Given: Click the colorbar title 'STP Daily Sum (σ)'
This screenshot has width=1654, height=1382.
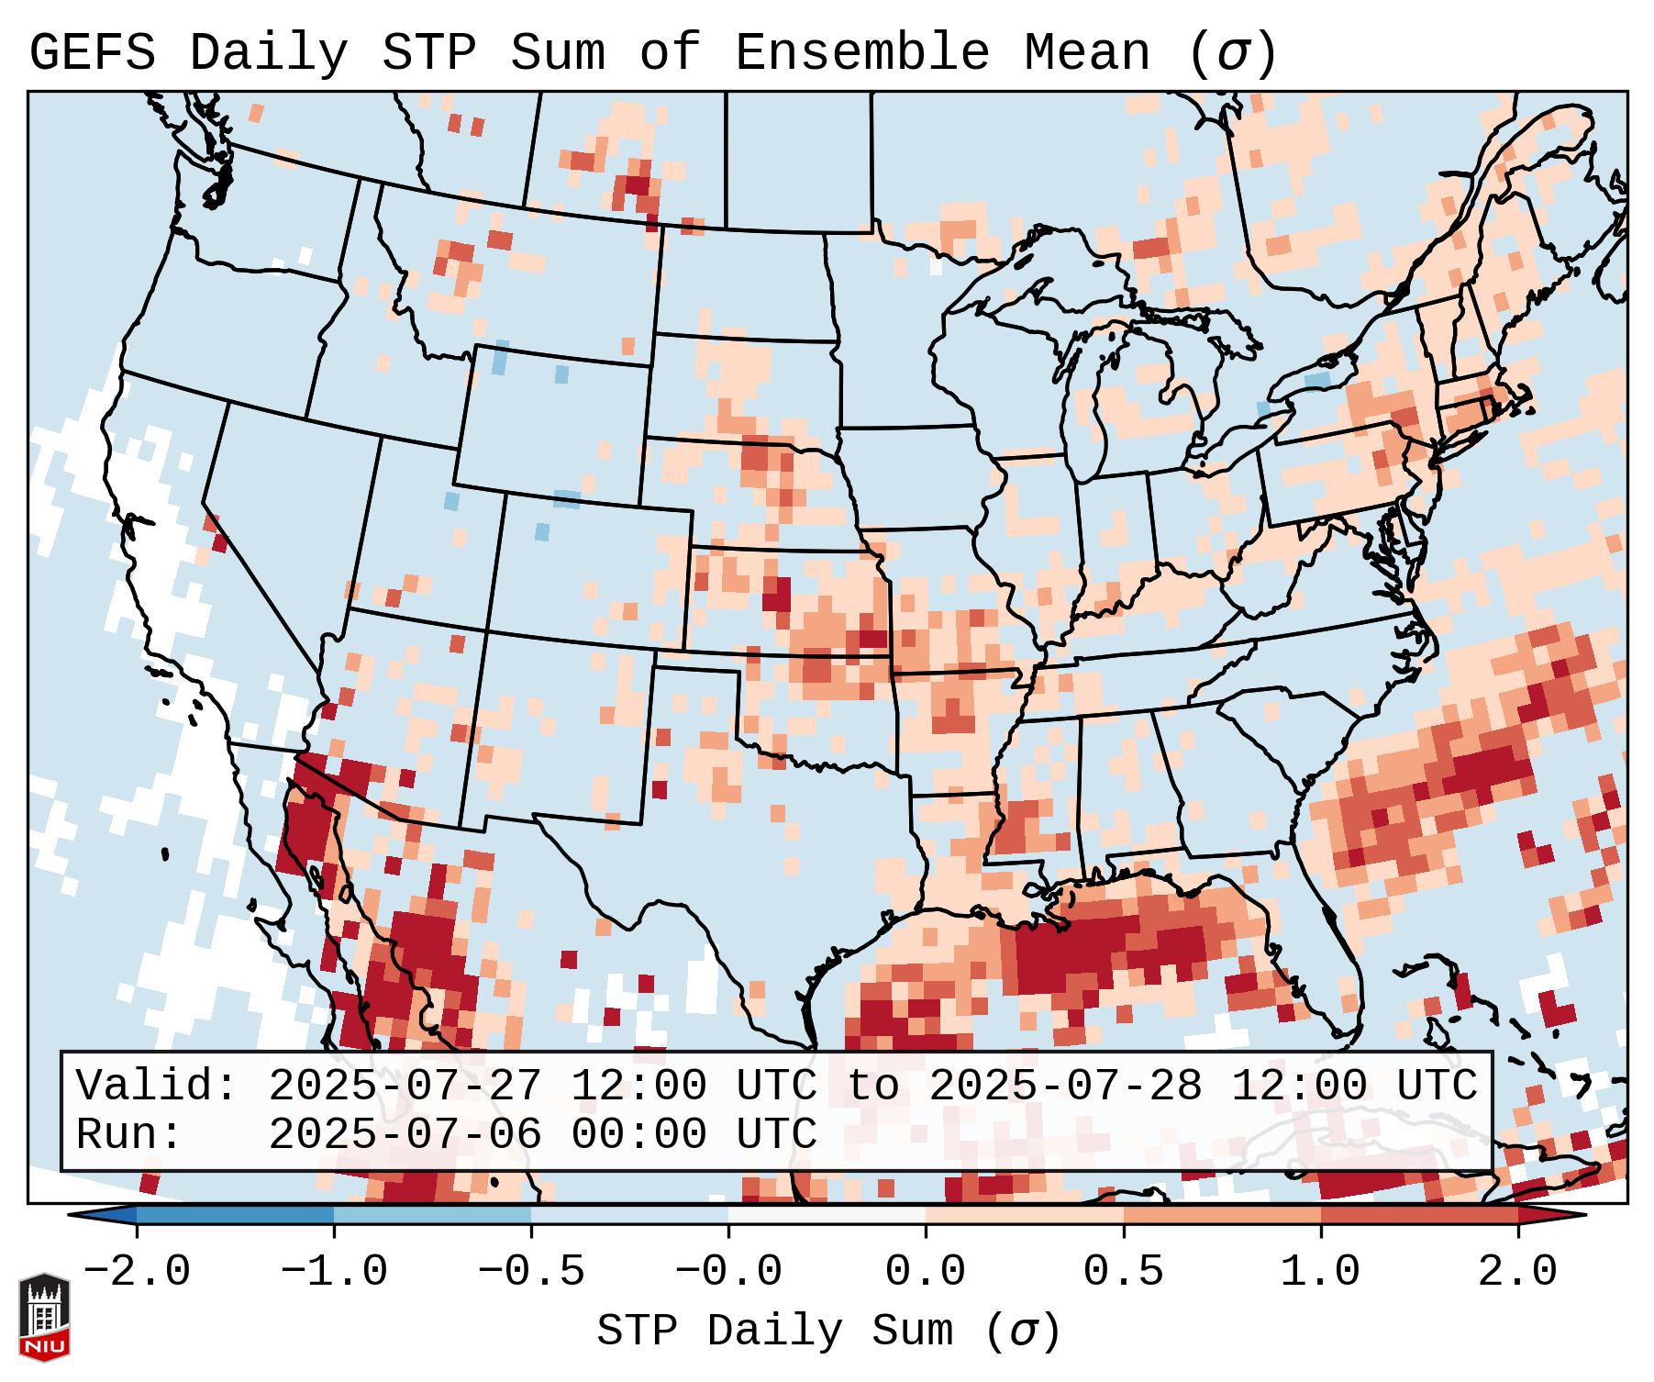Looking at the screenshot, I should pos(828,1332).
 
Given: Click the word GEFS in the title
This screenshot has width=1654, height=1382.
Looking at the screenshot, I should pos(92,53).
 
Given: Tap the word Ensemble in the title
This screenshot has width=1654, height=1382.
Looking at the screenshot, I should pos(861,53).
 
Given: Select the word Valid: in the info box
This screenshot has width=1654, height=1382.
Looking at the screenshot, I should pos(157,1086).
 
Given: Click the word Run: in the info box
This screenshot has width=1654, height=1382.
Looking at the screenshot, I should pos(129,1134).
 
